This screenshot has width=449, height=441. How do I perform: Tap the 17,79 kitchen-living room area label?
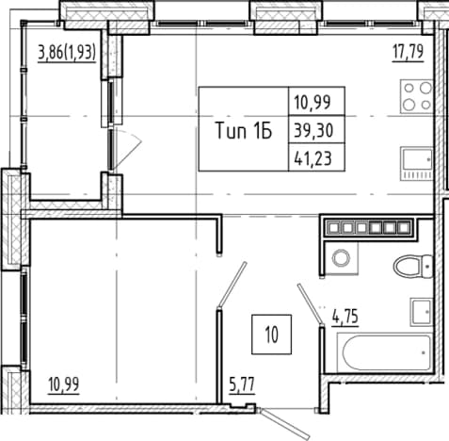408,52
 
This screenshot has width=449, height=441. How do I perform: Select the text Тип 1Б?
244,131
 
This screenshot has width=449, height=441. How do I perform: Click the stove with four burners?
417,96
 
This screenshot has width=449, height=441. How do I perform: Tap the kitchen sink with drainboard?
417,164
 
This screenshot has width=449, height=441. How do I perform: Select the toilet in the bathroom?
413,267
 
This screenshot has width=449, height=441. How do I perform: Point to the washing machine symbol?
341,258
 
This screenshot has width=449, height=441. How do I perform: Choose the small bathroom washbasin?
422,312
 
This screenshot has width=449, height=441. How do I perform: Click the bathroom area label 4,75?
345,317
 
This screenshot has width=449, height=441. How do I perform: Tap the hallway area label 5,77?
242,384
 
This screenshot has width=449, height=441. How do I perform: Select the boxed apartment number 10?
272,335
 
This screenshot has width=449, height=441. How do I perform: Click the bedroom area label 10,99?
64,384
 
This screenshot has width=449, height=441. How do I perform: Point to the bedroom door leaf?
233,284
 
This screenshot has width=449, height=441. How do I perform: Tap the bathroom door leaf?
310,304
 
